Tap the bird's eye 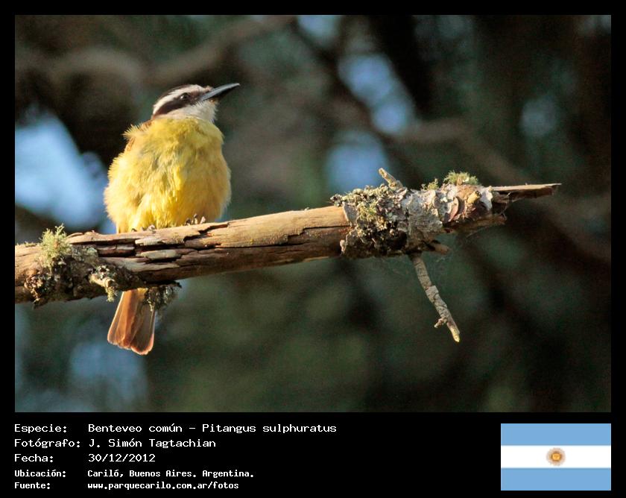(185, 96)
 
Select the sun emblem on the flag (556, 456)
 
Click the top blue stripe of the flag (556, 435)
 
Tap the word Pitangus (229, 428)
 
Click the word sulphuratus (300, 428)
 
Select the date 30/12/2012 (121, 458)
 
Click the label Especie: (41, 429)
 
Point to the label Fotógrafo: (48, 443)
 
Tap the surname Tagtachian (182, 444)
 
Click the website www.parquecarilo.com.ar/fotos (163, 485)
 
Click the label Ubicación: (40, 473)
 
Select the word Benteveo (115, 428)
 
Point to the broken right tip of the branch (558, 185)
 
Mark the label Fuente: (32, 485)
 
